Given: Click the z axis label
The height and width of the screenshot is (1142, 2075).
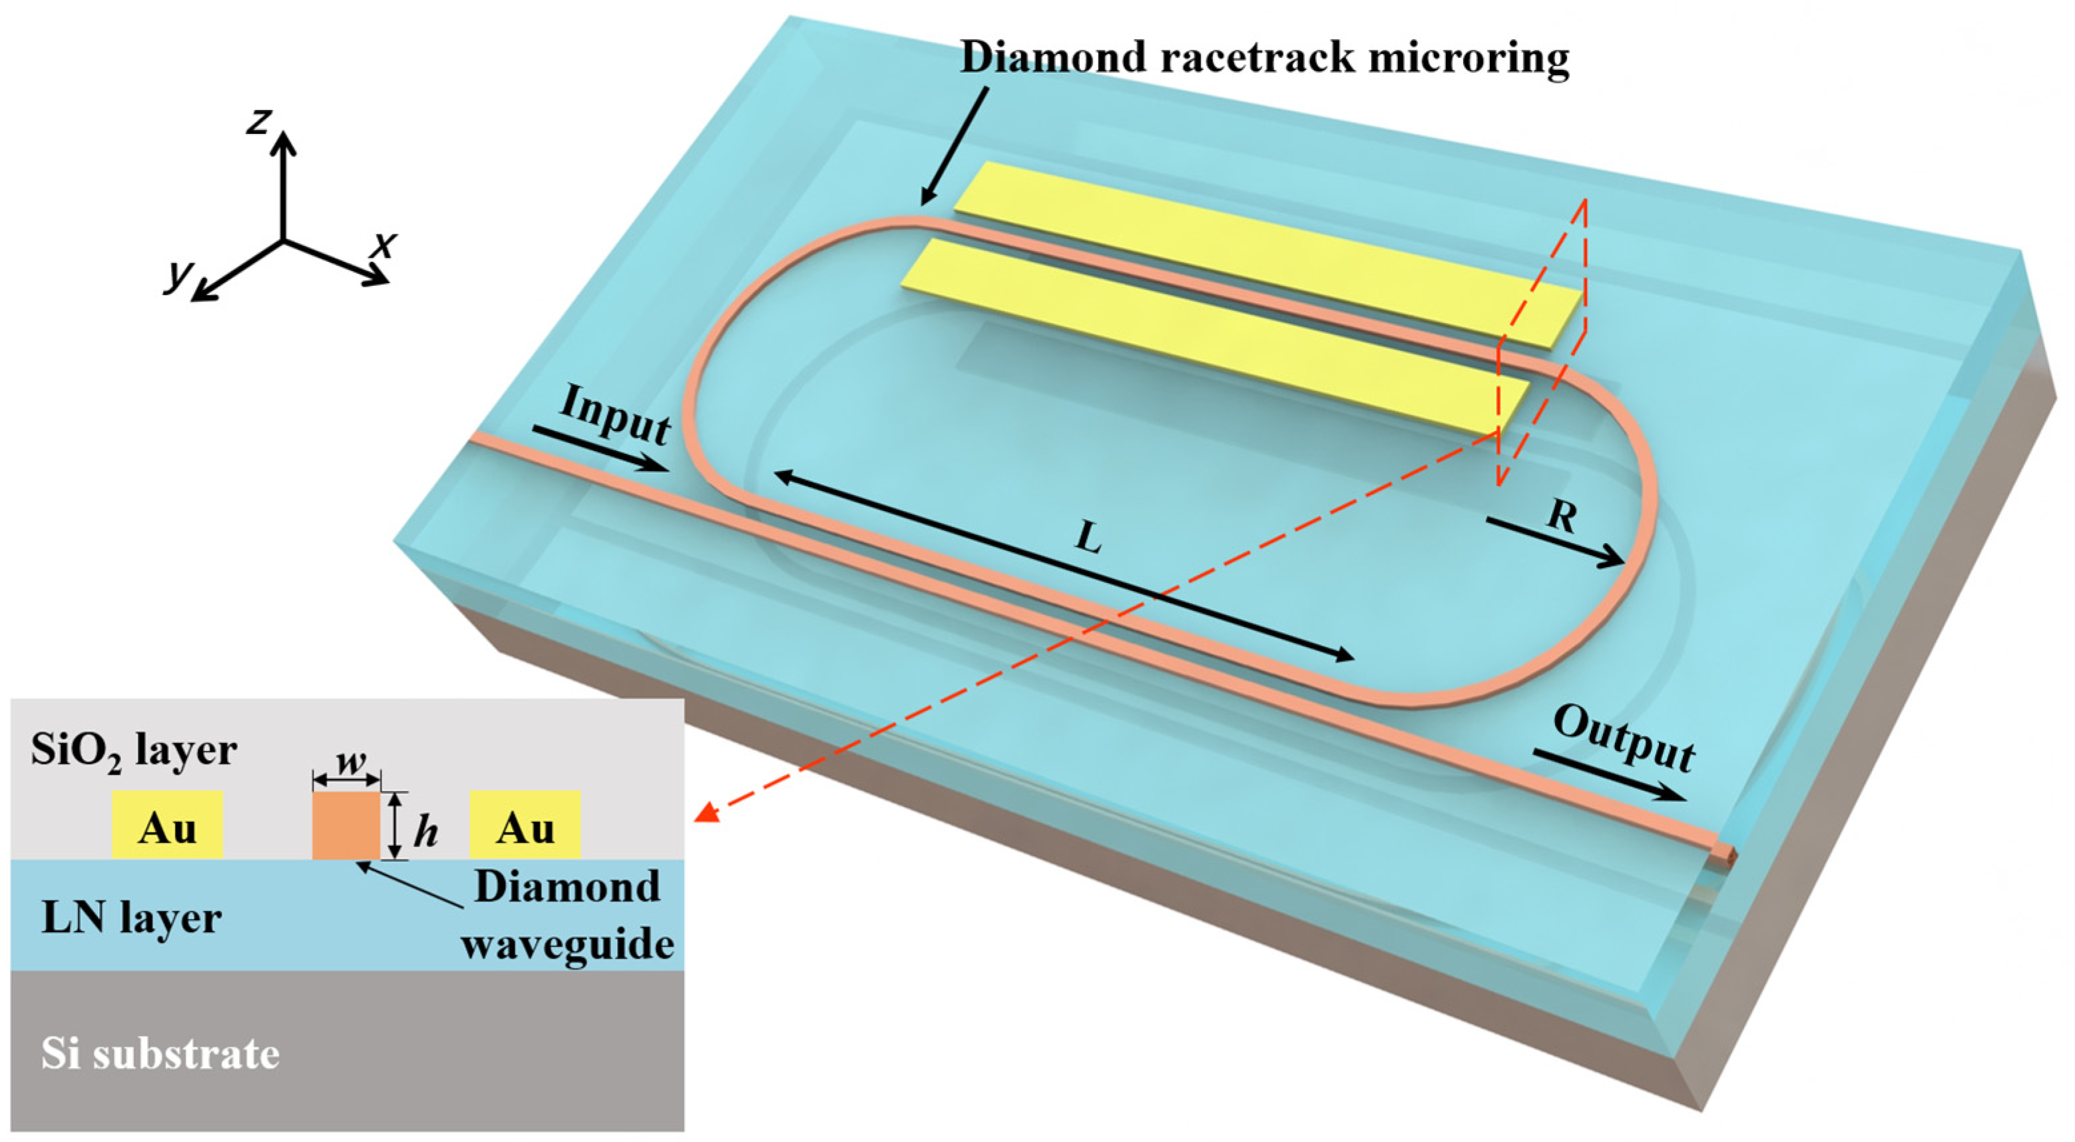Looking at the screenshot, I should click(257, 123).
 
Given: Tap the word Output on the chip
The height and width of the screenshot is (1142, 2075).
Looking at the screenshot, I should click(1624, 738).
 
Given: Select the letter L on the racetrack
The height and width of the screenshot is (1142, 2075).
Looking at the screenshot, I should click(1088, 538).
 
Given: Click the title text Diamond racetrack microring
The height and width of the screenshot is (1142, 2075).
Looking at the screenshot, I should click(1265, 58).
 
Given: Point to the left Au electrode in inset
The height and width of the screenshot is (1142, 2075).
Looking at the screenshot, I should click(166, 826).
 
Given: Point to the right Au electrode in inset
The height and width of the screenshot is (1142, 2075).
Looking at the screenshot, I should click(525, 826).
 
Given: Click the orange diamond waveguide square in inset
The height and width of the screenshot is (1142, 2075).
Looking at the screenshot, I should click(346, 826).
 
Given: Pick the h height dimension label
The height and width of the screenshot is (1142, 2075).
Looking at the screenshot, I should click(426, 833).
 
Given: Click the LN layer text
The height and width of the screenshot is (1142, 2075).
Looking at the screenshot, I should click(130, 918).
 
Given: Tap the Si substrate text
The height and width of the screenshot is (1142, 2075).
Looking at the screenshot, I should click(160, 1054).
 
